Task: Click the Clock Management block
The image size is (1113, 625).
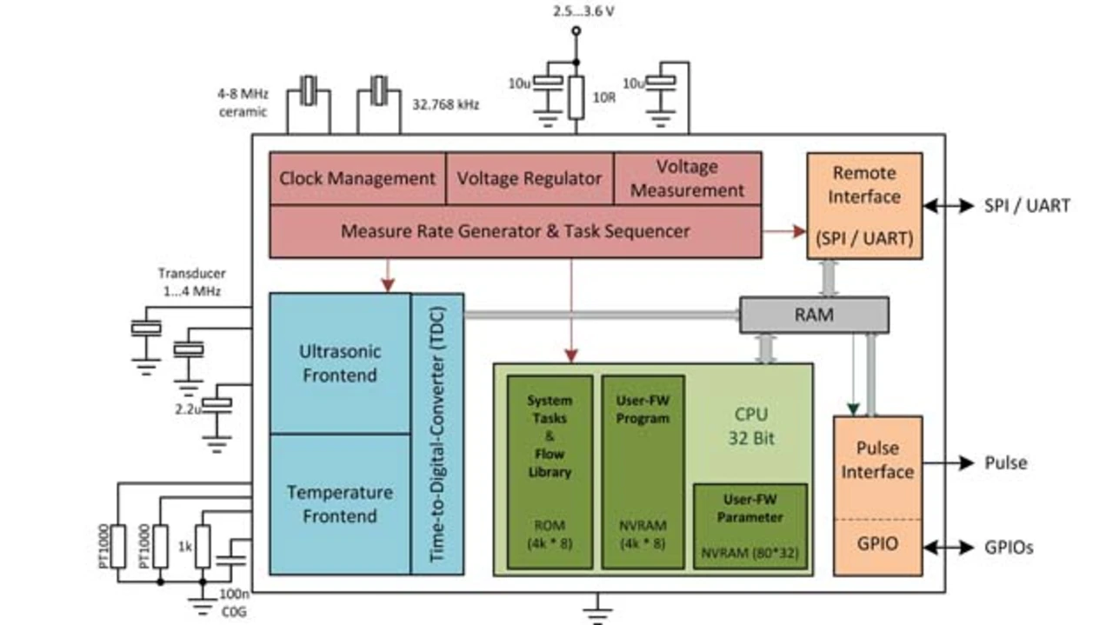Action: pyautogui.click(x=357, y=179)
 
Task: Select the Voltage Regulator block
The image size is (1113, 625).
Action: pyautogui.click(x=530, y=179)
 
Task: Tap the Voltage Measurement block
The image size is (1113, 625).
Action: pyautogui.click(x=687, y=178)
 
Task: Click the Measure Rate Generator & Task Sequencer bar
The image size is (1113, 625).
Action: pyautogui.click(x=515, y=231)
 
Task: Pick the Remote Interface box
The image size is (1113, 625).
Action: pyautogui.click(x=864, y=206)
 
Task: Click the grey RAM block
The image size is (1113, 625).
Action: pyautogui.click(x=814, y=315)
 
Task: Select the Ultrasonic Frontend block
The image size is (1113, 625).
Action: pyautogui.click(x=339, y=363)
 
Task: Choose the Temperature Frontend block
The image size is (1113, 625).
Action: pyautogui.click(x=339, y=504)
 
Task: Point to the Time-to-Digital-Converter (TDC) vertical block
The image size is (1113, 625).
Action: pyautogui.click(x=437, y=434)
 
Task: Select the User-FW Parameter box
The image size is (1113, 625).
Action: pyautogui.click(x=750, y=526)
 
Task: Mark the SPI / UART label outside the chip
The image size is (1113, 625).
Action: pyautogui.click(x=1027, y=206)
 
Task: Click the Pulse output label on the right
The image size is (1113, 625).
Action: pyautogui.click(x=1005, y=463)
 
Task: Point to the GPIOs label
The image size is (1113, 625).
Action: pyautogui.click(x=1010, y=548)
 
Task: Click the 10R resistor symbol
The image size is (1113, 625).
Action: pyautogui.click(x=576, y=97)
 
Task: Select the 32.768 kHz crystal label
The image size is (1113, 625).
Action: pyautogui.click(x=445, y=104)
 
